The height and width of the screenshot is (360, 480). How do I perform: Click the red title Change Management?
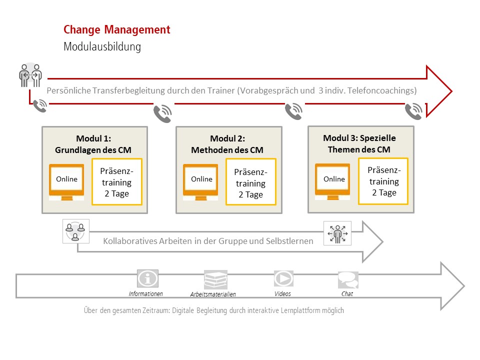point(117,30)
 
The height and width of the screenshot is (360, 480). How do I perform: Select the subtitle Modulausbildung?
point(102,47)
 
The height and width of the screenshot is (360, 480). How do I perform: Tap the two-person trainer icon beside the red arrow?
point(30,75)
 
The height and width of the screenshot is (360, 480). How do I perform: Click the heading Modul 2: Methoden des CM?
point(227,144)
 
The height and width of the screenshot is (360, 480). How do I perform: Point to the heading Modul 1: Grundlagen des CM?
point(93,144)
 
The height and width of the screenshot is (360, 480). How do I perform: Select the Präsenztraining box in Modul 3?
point(384,181)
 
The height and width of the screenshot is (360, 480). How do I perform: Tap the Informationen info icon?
point(147,279)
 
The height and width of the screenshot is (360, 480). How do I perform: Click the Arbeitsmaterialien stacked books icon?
point(215,279)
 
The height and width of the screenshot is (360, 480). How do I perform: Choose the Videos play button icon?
point(283,278)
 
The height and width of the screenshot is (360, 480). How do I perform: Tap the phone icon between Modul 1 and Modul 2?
point(162,114)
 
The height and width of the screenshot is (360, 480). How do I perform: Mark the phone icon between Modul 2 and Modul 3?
point(293,111)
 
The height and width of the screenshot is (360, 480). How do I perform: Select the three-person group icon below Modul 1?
point(75,231)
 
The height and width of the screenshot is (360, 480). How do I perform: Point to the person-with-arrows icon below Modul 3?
point(337,233)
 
